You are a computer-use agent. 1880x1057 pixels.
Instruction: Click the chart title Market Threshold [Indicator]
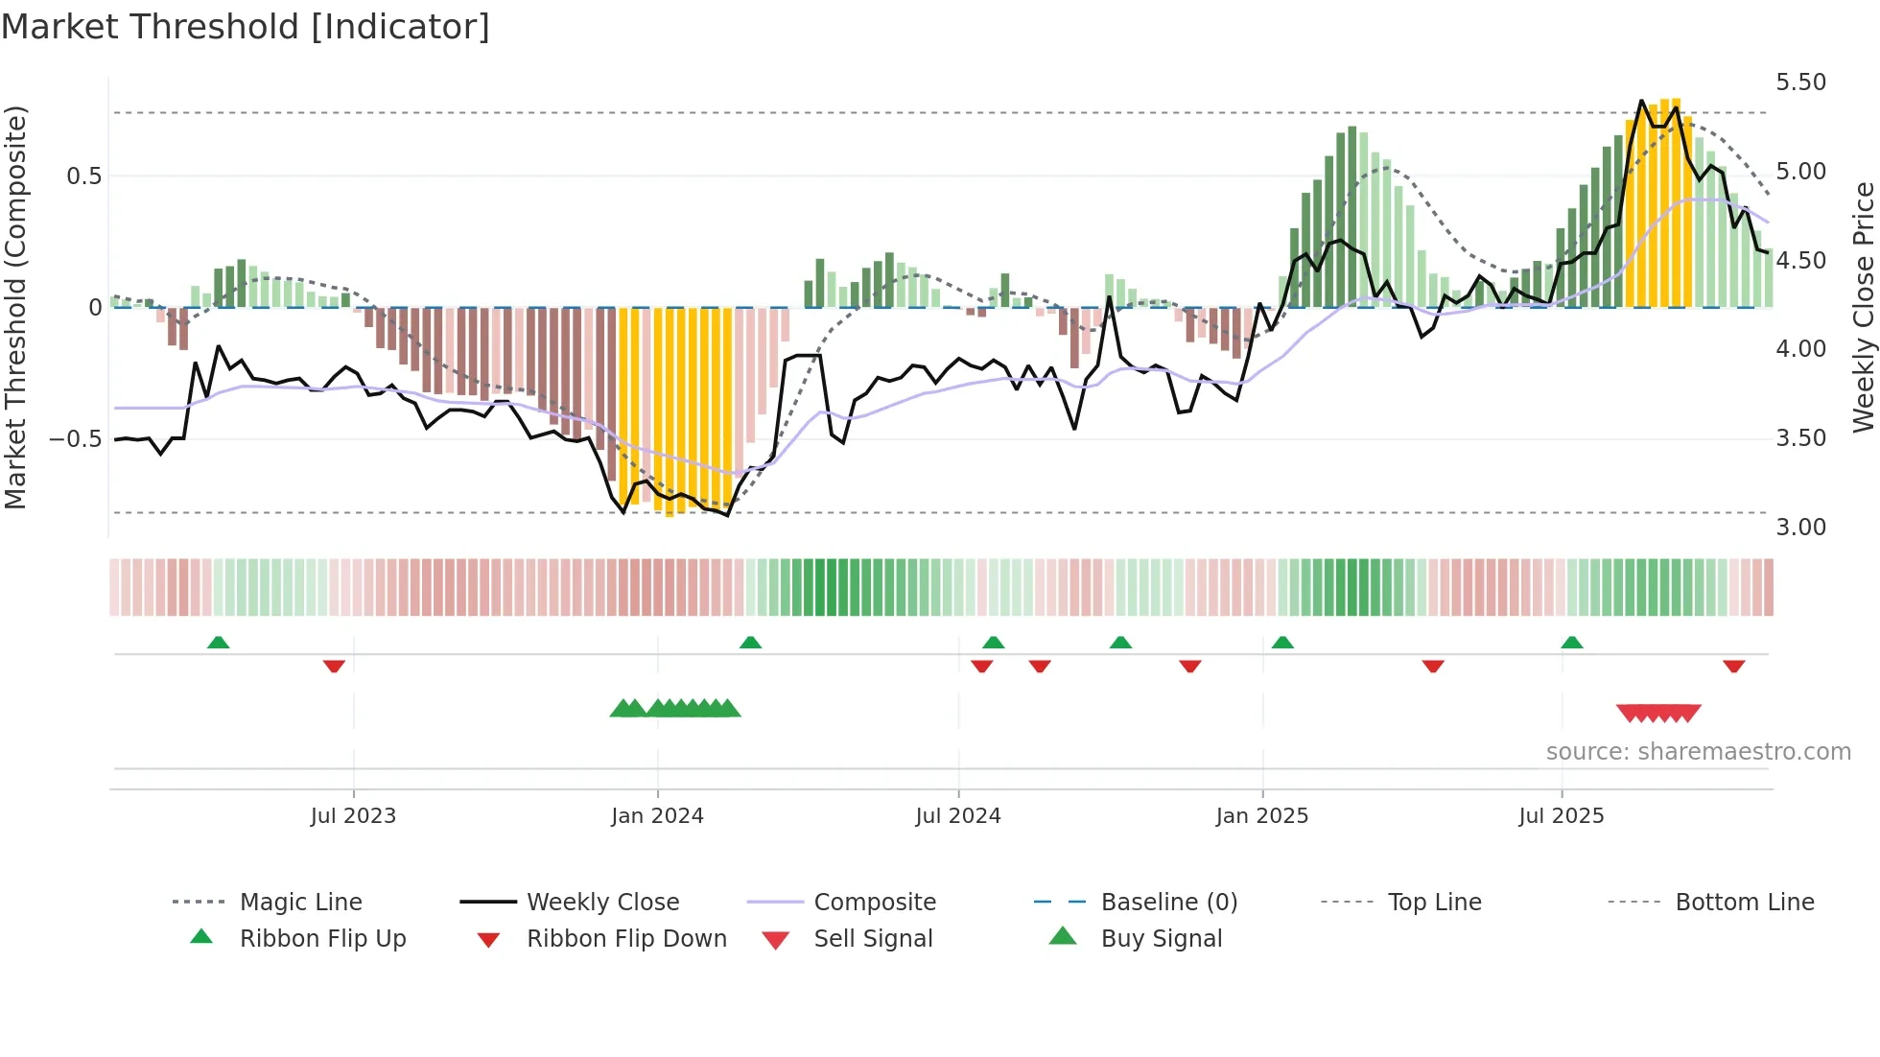pos(246,27)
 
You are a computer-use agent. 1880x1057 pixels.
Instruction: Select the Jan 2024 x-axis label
pos(657,816)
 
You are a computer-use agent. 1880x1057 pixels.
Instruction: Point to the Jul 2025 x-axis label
pos(1561,816)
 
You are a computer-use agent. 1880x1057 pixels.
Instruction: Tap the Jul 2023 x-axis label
pos(353,816)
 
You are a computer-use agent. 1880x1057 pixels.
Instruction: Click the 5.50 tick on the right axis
pos(1800,82)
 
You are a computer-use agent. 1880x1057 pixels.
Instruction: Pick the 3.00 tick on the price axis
pos(1800,528)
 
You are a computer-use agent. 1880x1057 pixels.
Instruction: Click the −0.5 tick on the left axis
pos(75,439)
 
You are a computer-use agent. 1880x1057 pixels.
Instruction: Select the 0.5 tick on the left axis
pos(83,176)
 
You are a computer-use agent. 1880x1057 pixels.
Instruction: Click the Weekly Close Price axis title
pos(1863,307)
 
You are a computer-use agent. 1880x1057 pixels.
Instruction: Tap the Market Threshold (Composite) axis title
pos(15,307)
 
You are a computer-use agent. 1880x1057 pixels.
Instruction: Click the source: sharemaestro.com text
pos(1698,752)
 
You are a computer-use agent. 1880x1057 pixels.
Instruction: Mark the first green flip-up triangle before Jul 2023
pos(218,643)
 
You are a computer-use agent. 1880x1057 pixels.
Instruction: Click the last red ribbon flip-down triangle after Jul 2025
pos(1733,666)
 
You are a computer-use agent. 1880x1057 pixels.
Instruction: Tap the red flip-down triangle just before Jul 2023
pos(334,666)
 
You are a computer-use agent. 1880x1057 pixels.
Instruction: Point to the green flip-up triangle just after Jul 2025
pos(1571,643)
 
